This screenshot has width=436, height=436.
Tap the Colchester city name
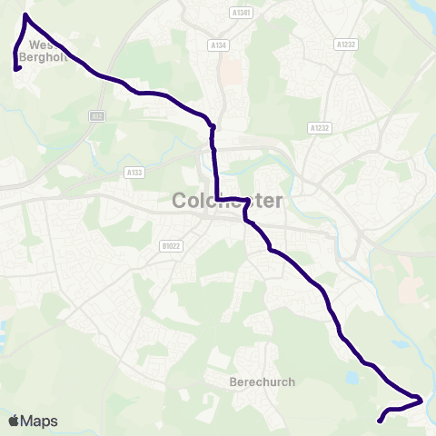(x=227, y=201)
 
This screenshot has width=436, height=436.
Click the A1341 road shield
(x=241, y=13)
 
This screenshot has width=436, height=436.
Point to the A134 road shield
(x=217, y=45)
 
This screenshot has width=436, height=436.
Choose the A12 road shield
(x=96, y=116)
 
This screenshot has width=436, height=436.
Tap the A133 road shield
(x=135, y=171)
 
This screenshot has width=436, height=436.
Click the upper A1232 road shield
(x=345, y=44)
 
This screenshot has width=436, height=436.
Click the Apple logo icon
(x=14, y=421)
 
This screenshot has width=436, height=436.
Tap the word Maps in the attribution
(x=39, y=421)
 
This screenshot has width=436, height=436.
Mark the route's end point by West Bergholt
(x=17, y=68)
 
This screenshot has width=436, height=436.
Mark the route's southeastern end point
(x=379, y=421)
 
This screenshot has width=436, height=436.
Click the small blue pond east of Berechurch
(x=352, y=374)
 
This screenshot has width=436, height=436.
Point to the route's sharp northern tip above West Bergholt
(x=25, y=15)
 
